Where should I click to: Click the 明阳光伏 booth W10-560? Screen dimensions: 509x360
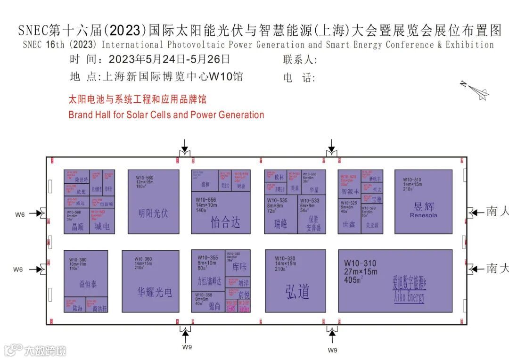click(154, 202)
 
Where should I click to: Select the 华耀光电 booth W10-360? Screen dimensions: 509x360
click(151, 281)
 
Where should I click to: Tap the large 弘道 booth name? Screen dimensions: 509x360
click(297, 292)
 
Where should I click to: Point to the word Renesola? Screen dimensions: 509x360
click(423, 215)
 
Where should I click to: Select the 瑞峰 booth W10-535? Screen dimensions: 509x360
click(281, 214)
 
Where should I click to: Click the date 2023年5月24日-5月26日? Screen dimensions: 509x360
click(169, 60)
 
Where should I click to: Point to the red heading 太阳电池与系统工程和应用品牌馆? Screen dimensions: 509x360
click(138, 100)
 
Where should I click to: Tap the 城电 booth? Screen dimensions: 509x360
click(102, 221)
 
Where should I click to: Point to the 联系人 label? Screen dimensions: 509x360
click(300, 60)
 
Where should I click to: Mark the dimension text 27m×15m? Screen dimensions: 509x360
click(361, 272)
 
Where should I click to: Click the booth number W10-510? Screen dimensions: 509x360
click(412, 180)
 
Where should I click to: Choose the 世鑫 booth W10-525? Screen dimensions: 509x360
click(349, 217)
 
